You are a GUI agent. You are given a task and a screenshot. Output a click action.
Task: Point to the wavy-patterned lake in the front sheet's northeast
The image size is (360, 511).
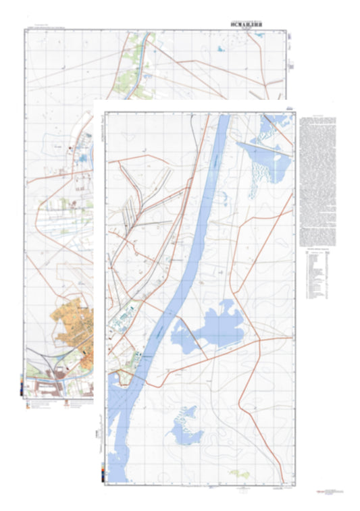click(267, 162)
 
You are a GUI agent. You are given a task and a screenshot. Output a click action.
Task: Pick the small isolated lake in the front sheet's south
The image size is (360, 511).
click(182, 425)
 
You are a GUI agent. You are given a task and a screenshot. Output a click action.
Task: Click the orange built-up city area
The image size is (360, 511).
click(74, 331)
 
